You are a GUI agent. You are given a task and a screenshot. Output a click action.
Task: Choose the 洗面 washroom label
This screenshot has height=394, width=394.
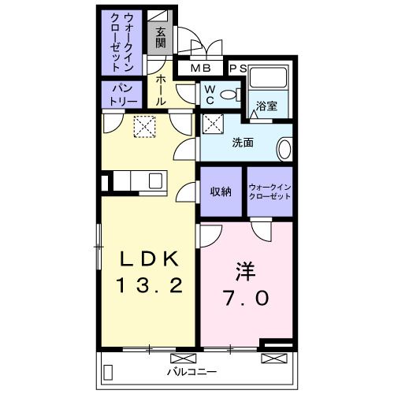pos(242,143)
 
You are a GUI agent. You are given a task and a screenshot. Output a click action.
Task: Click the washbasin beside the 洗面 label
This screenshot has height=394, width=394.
pos(285,147)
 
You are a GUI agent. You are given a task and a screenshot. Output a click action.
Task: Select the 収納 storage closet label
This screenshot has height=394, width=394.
pos(220,191)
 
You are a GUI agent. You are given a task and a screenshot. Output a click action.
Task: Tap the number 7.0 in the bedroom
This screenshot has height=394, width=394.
pos(244,299)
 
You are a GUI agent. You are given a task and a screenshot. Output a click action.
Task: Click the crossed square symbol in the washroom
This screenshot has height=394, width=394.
pos(213,122)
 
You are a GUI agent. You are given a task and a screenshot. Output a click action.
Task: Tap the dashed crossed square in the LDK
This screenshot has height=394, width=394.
pos(144,125)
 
